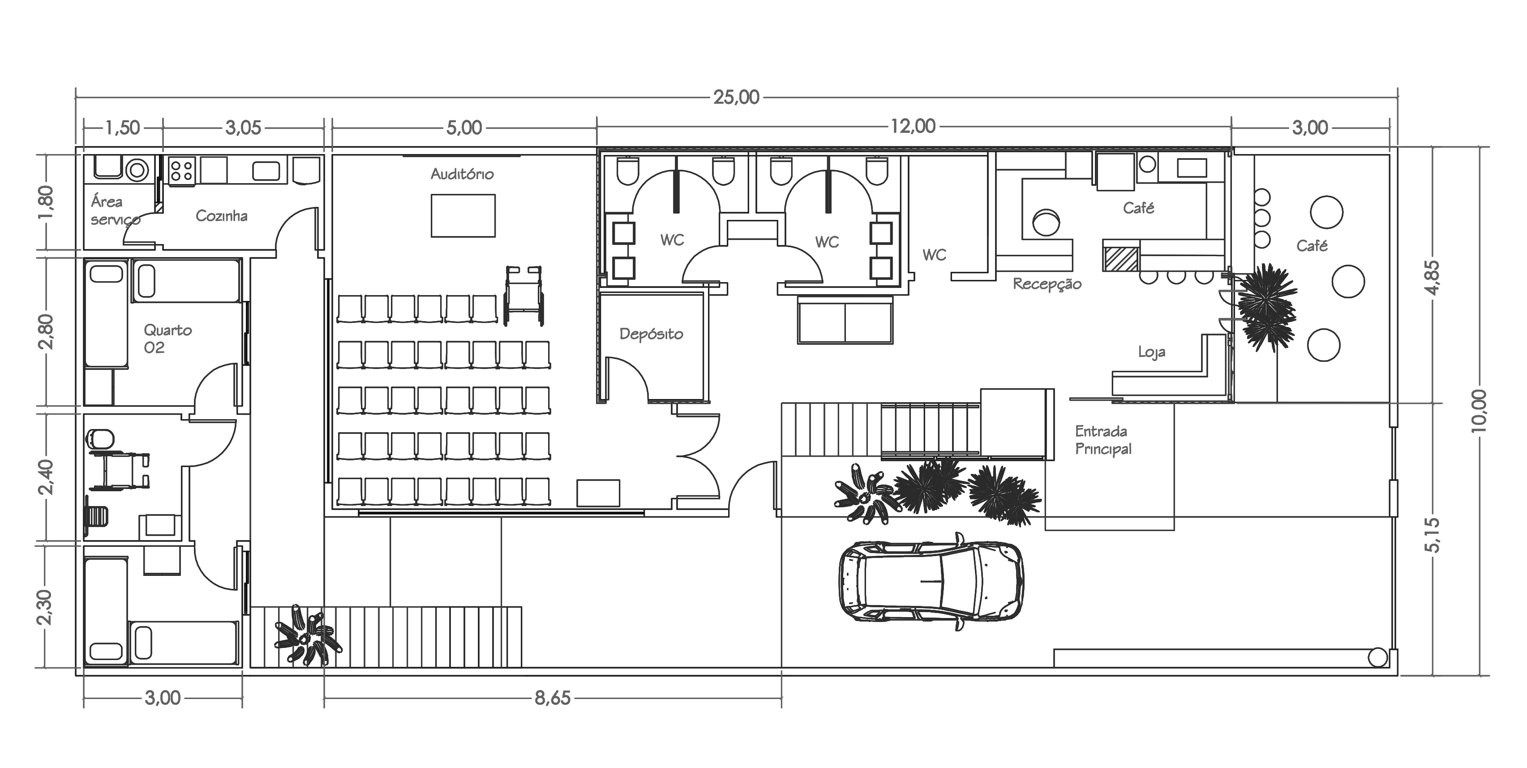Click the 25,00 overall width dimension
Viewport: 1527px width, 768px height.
click(736, 97)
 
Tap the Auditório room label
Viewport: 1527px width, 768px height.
click(462, 174)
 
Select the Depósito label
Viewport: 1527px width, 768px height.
click(651, 334)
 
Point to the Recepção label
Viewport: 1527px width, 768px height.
click(1047, 284)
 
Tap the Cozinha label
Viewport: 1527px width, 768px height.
click(221, 216)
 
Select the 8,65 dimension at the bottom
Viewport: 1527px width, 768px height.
click(553, 698)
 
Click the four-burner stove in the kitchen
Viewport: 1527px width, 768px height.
click(181, 171)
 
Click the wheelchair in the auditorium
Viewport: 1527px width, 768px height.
click(523, 296)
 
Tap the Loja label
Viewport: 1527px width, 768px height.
click(1151, 352)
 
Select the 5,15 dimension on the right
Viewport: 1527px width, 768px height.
click(1432, 535)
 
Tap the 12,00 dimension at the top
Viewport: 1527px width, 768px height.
click(913, 126)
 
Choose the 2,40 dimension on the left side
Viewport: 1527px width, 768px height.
click(46, 477)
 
